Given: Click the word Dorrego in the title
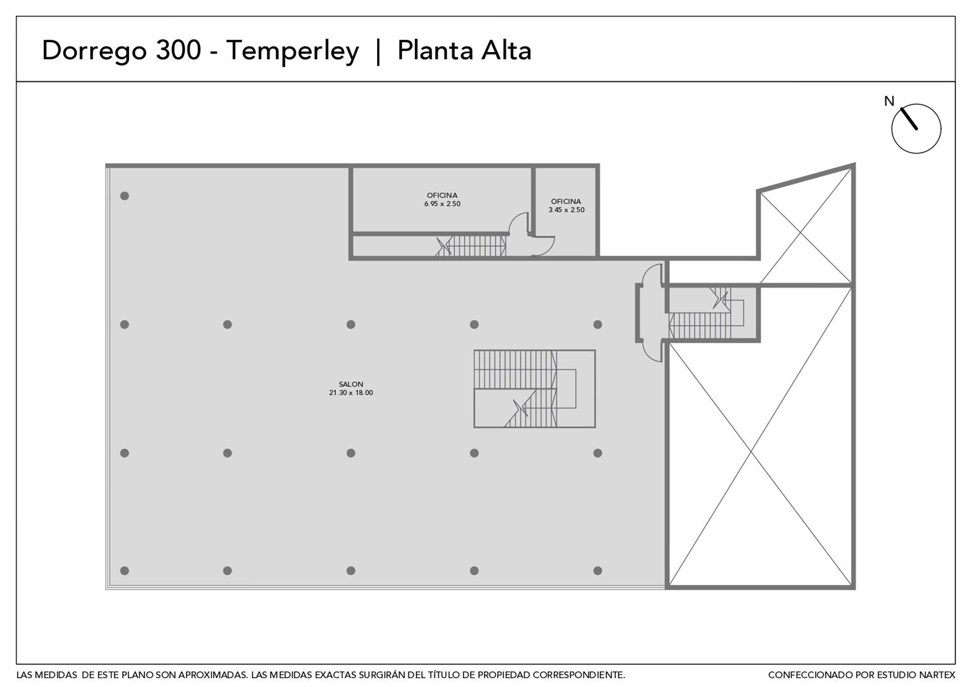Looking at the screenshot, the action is coord(94,52).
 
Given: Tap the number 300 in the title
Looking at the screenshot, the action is coord(178,50).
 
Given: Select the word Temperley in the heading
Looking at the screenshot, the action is coord(293,52).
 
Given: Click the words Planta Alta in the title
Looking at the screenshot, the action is coord(464,50).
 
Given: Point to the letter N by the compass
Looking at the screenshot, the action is coord(889,101).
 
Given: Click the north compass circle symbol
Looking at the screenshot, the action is coord(916,128).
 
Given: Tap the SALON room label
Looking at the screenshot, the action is coord(351,384).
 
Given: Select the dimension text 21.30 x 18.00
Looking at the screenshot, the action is coord(351,392).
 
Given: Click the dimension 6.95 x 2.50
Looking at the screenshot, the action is coord(442,204).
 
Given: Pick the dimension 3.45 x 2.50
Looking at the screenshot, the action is coord(566,210).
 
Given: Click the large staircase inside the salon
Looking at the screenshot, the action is coord(534,389).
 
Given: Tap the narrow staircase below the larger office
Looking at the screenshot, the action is coord(471,246).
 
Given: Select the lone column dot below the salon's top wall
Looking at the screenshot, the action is coord(125,196).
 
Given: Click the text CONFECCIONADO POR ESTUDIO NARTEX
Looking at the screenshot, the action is coord(861,676).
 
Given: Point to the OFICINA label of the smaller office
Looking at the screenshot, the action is coord(566,202).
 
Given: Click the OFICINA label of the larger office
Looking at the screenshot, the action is coord(442,195).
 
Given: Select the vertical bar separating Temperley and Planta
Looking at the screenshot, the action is coord(378,52).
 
